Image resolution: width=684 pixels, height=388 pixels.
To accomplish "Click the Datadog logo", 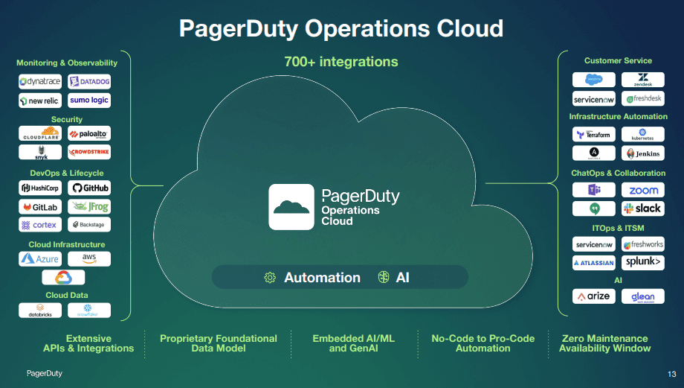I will (89, 82).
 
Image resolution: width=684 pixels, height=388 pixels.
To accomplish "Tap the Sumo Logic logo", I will (89, 101).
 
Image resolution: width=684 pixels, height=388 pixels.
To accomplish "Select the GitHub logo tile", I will (89, 188).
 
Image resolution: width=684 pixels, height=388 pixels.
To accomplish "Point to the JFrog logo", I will (89, 206).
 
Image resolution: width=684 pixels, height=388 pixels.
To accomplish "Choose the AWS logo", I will (89, 258).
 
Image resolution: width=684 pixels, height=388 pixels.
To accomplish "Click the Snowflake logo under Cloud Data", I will (89, 310).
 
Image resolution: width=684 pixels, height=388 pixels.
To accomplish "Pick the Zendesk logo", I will (643, 80).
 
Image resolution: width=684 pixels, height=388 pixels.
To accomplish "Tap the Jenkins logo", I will (643, 153).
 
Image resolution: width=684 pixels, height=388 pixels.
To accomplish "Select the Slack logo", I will (643, 209).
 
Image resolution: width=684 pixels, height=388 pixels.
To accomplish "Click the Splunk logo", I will (643, 262).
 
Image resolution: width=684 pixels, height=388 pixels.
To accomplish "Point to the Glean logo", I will (643, 296).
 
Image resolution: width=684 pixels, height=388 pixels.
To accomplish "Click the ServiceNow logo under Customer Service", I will (593, 99).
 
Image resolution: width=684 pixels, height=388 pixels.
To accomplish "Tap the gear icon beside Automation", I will (270, 278).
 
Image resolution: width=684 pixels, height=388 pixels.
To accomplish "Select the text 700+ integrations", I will (341, 62).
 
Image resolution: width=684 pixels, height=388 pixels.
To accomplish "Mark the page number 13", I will (672, 373).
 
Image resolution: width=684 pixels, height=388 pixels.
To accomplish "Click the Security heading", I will (67, 119).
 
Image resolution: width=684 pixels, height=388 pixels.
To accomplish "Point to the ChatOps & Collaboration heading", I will (618, 173).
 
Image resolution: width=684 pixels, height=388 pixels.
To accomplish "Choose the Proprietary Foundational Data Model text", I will (219, 343).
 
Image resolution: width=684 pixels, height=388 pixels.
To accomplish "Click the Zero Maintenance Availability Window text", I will (604, 343).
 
